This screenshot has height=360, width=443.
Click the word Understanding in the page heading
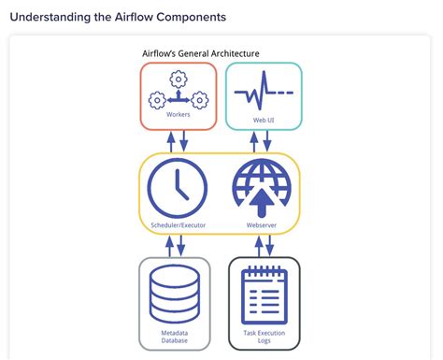pyautogui.click(x=57, y=17)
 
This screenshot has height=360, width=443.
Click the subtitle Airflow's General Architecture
pyautogui.click(x=200, y=53)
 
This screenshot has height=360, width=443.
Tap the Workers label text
pyautogui.click(x=179, y=114)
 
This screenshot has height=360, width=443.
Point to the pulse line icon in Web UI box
pyautogui.click(x=263, y=94)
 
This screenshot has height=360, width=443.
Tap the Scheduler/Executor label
pyautogui.click(x=179, y=224)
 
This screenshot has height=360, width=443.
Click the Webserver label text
pyautogui.click(x=261, y=224)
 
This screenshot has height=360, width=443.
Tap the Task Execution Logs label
pyautogui.click(x=264, y=337)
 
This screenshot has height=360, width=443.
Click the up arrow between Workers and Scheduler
pyautogui.click(x=170, y=140)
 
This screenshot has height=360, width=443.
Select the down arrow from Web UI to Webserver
pyautogui.click(x=270, y=140)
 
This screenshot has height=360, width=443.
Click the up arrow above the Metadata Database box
pyautogui.click(x=170, y=245)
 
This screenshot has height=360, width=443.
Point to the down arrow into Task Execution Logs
pyautogui.click(x=270, y=245)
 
